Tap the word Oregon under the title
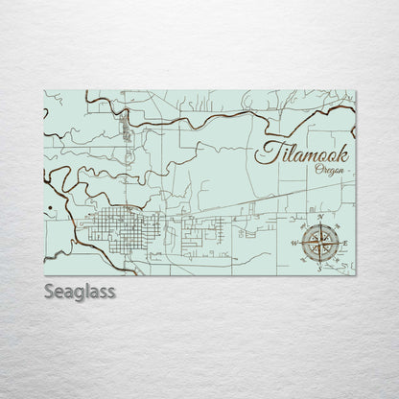[x=331, y=170]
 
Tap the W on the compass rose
[x=293, y=244]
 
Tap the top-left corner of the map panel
[x=45, y=91]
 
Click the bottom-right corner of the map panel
[x=355, y=276]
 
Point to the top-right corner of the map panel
[x=355, y=91]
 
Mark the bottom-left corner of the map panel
[x=45, y=276]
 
